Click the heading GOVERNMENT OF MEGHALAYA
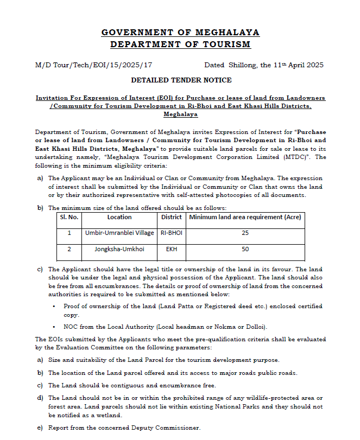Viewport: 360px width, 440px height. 180,33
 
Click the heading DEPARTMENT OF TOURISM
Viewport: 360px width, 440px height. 180,44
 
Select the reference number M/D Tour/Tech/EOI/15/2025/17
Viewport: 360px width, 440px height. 93,65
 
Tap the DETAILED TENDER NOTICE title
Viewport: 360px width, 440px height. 181,80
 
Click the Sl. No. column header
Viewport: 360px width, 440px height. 69,218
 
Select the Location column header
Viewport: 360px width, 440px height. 119,218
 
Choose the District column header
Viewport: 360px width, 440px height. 172,218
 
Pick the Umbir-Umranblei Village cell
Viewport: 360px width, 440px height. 119,233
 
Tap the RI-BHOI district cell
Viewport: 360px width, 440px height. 172,233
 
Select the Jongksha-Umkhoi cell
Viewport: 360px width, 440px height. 119,250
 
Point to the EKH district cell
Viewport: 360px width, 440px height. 172,250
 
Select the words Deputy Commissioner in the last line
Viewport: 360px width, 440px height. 169,428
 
